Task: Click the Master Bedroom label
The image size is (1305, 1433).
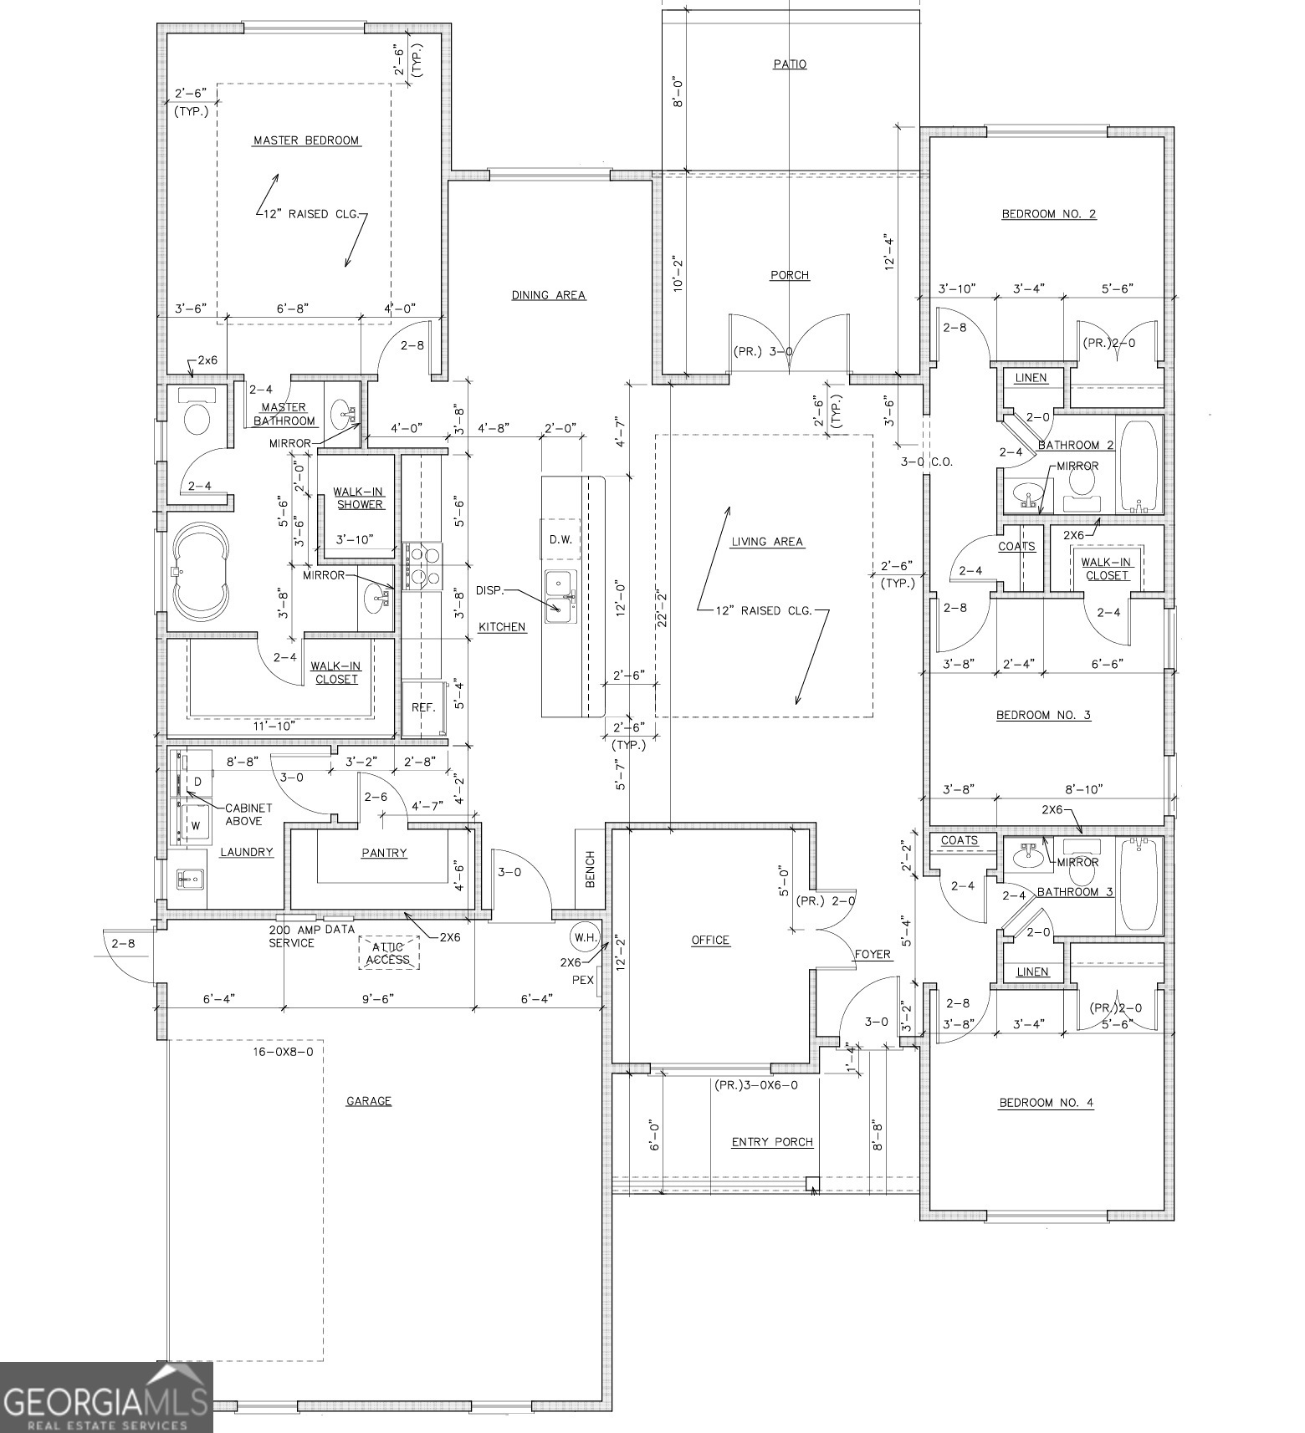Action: [x=306, y=140]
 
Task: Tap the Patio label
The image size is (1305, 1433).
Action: [x=789, y=64]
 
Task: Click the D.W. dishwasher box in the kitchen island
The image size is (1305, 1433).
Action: [x=560, y=539]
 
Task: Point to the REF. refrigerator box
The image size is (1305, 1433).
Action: [x=423, y=707]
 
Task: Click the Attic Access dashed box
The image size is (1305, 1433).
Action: [x=388, y=953]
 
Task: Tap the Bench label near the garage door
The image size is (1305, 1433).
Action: [x=590, y=869]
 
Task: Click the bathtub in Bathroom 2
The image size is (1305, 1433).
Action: [x=1139, y=467]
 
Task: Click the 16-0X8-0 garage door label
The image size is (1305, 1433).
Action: [x=283, y=1052]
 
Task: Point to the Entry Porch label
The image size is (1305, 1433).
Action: [x=771, y=1142]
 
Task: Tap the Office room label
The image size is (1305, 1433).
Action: [x=709, y=941]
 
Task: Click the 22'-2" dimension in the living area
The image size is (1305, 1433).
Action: [x=663, y=608]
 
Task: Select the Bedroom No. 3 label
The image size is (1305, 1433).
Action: [x=1042, y=715]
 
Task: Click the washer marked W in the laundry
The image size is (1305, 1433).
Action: [x=196, y=824]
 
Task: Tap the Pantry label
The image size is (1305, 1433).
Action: [x=384, y=853]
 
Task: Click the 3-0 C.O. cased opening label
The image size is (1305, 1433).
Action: [x=926, y=462]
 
